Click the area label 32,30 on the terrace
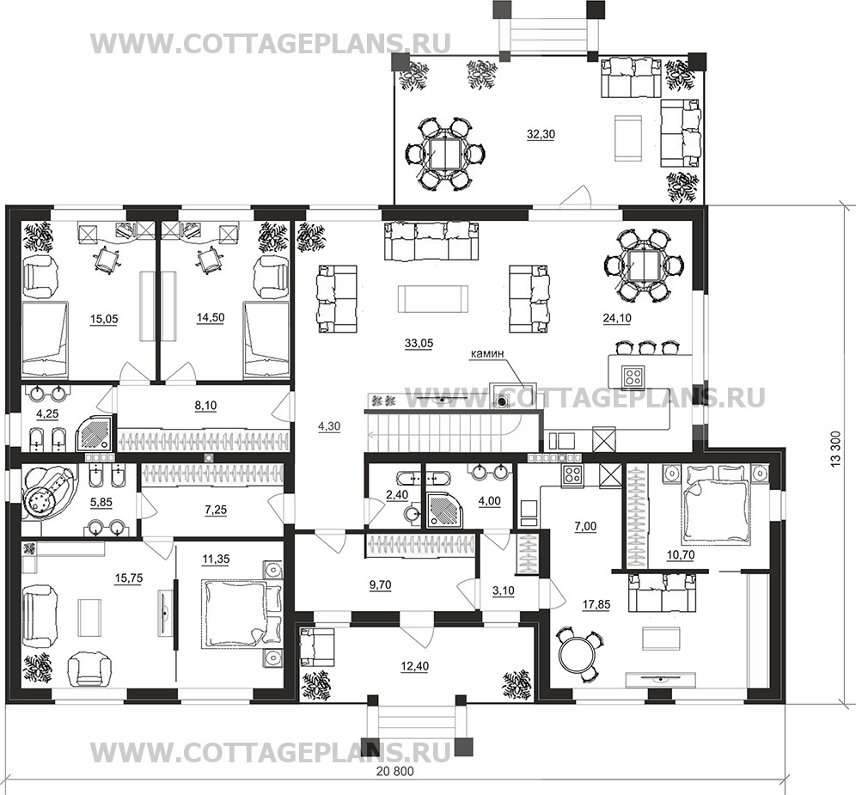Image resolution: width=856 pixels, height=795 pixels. (541, 134)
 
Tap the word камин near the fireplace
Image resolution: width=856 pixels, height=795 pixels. (487, 353)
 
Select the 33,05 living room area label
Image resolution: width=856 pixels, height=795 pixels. (419, 344)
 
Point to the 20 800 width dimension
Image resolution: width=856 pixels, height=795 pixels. (395, 772)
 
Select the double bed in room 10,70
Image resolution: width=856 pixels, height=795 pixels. (714, 504)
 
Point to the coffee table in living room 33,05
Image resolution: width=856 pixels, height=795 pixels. (433, 298)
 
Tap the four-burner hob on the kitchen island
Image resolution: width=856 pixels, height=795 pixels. (633, 375)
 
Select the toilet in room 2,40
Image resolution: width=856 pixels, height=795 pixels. (413, 514)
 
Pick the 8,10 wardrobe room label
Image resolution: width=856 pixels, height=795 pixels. (205, 406)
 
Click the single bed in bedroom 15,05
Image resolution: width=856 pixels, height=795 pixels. (45, 340)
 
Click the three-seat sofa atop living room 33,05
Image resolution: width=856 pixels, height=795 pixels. (431, 242)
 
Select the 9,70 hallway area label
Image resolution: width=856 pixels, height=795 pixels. (380, 584)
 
